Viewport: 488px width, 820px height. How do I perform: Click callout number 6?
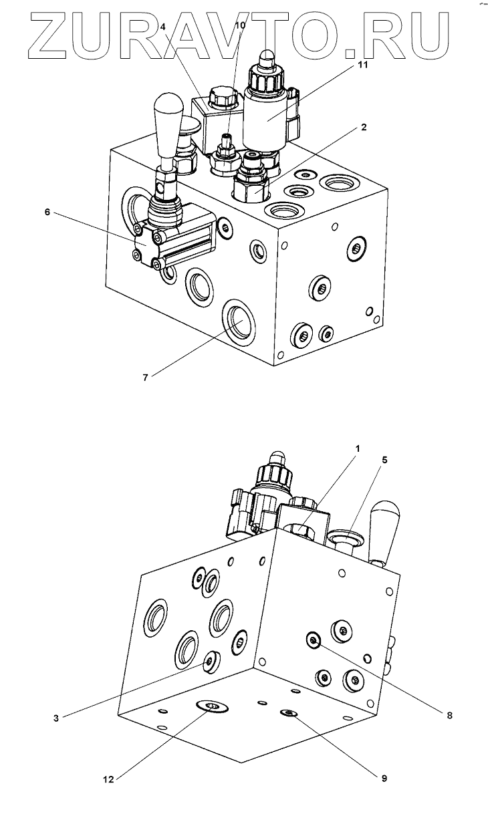point(47,213)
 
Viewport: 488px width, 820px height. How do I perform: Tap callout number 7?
point(145,378)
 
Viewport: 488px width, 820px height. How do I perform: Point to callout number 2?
point(363,128)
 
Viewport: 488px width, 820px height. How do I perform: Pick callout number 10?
point(240,26)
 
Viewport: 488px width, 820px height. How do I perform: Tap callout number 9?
point(384,778)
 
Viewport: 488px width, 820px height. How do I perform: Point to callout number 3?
point(56,718)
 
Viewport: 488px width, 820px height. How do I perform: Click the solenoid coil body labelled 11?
point(269,119)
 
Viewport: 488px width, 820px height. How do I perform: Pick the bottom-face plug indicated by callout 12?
point(211,706)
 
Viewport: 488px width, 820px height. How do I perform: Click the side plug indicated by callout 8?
point(313,640)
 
